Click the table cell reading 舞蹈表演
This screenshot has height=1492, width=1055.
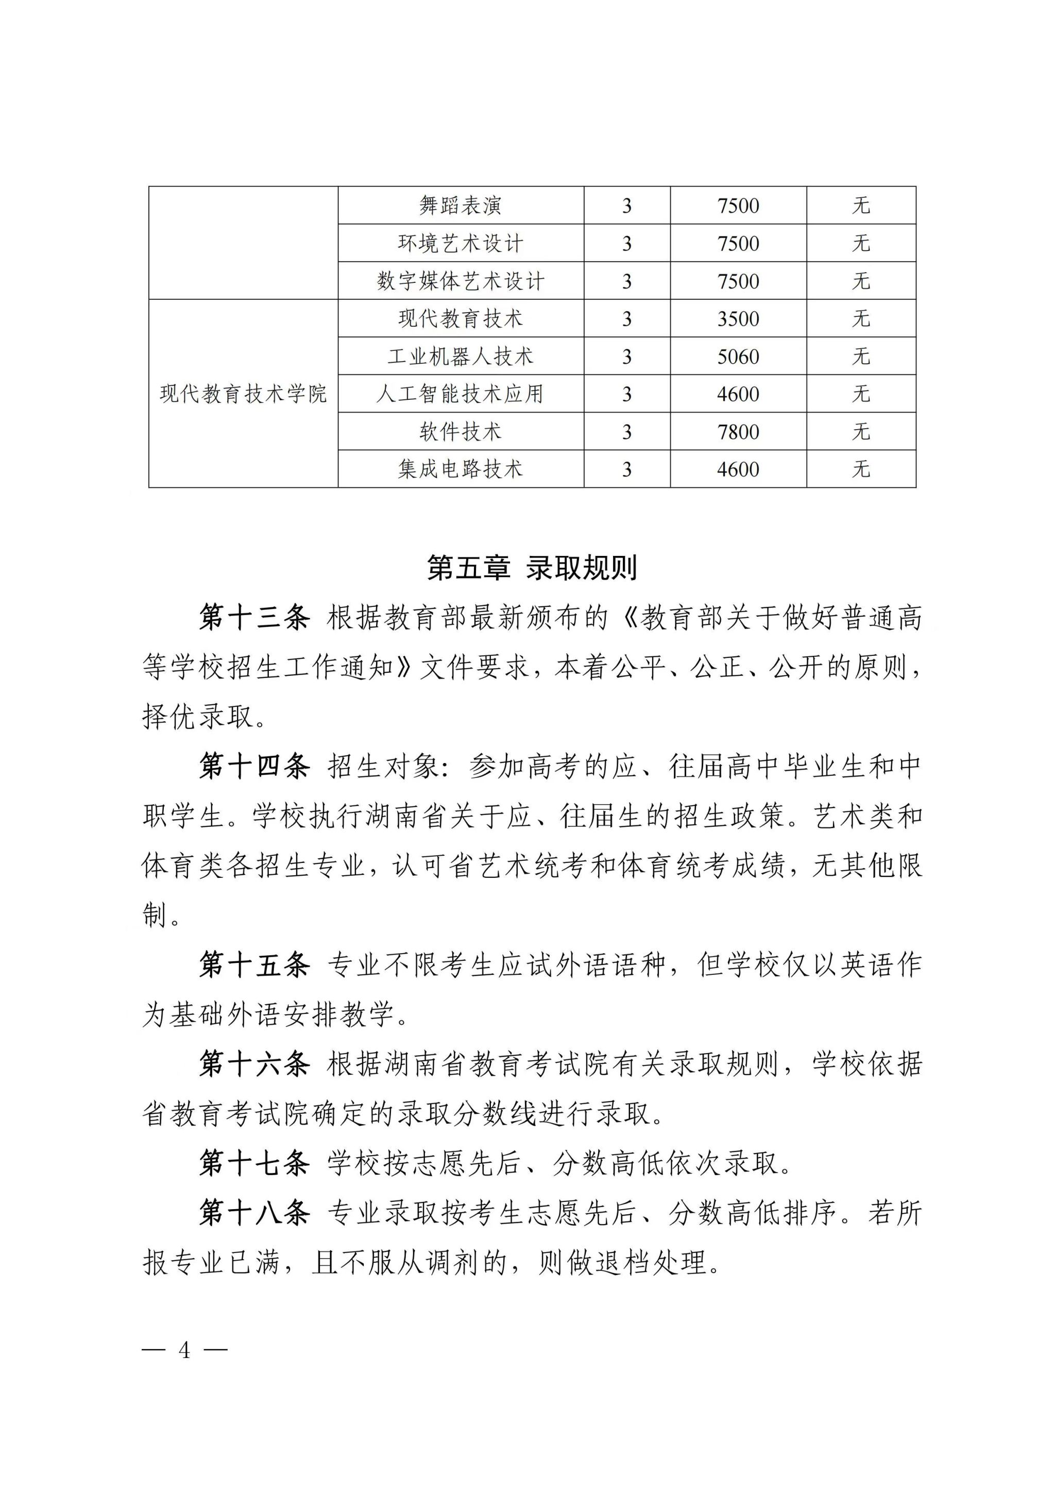pyautogui.click(x=460, y=206)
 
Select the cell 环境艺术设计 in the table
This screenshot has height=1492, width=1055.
pyautogui.click(x=460, y=244)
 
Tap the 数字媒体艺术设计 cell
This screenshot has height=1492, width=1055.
pyautogui.click(x=460, y=281)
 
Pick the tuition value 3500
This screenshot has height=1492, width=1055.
pyautogui.click(x=738, y=319)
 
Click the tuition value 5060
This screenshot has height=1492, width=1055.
pyautogui.click(x=738, y=357)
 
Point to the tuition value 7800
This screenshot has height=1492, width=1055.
pyautogui.click(x=738, y=432)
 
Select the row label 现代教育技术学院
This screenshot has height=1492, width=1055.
pyautogui.click(x=243, y=394)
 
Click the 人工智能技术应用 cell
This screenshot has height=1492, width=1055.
pyautogui.click(x=460, y=394)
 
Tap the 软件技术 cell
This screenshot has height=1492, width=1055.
pyautogui.click(x=460, y=432)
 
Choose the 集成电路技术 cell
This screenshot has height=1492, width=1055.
pyautogui.click(x=460, y=469)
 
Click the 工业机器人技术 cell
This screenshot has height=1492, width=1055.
pyautogui.click(x=460, y=357)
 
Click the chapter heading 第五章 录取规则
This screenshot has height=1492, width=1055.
pyautogui.click(x=532, y=568)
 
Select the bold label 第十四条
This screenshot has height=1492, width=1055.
pyautogui.click(x=254, y=767)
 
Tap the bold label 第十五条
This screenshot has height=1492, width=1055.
pyautogui.click(x=254, y=965)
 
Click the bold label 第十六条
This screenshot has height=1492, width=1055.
pyautogui.click(x=254, y=1064)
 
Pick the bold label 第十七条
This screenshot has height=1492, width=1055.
pyautogui.click(x=254, y=1163)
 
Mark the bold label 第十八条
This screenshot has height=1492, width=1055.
pyautogui.click(x=254, y=1213)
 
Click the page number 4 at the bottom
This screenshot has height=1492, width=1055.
pyautogui.click(x=185, y=1350)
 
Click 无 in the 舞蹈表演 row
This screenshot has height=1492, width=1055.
pyautogui.click(x=861, y=206)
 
